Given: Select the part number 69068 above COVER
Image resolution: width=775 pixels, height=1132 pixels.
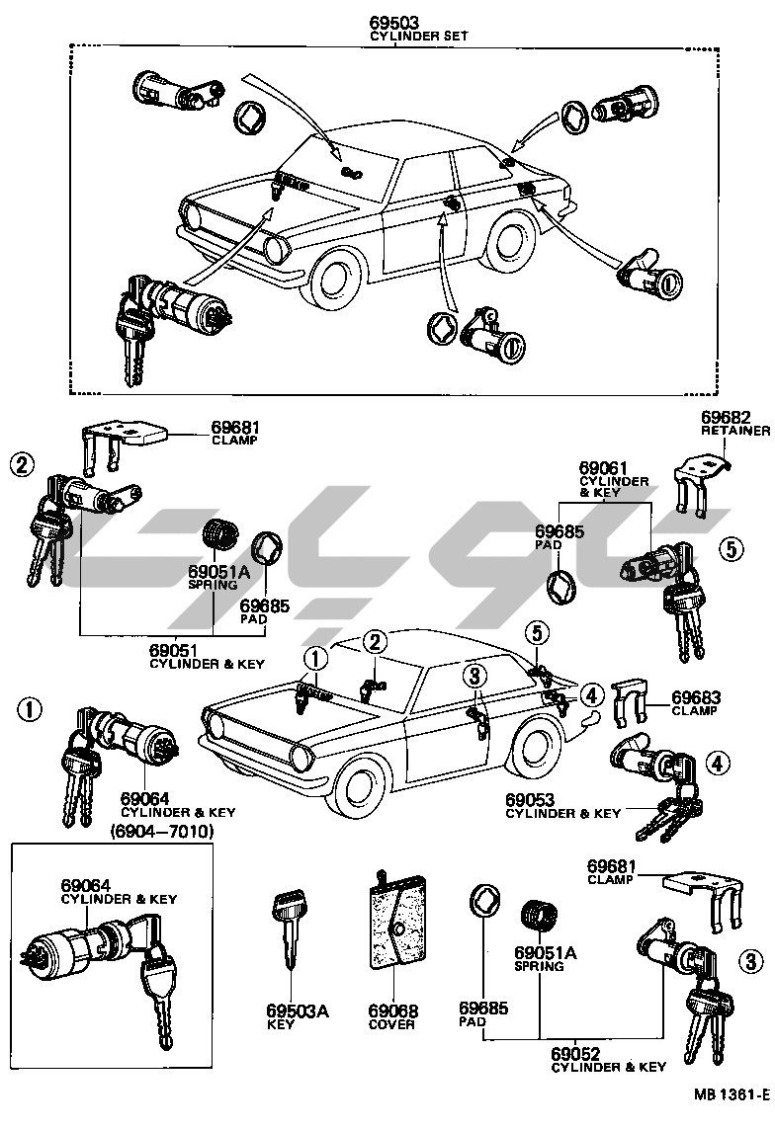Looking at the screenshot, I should tap(393, 1011).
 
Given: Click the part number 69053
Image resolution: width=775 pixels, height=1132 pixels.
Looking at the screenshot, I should tap(533, 798).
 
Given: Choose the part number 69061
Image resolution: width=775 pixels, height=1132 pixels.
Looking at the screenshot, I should tap(602, 467).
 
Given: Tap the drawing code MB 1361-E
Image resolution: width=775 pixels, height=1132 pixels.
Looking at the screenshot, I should tap(731, 1094).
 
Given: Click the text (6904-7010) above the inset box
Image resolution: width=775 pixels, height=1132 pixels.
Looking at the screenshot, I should tap(162, 831).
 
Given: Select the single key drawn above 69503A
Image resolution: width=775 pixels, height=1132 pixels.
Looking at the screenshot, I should tap(289, 930).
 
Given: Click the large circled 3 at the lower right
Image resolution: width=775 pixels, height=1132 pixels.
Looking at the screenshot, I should tap(752, 960).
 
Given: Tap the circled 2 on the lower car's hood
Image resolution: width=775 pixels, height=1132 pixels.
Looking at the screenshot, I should tap(375, 643).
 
